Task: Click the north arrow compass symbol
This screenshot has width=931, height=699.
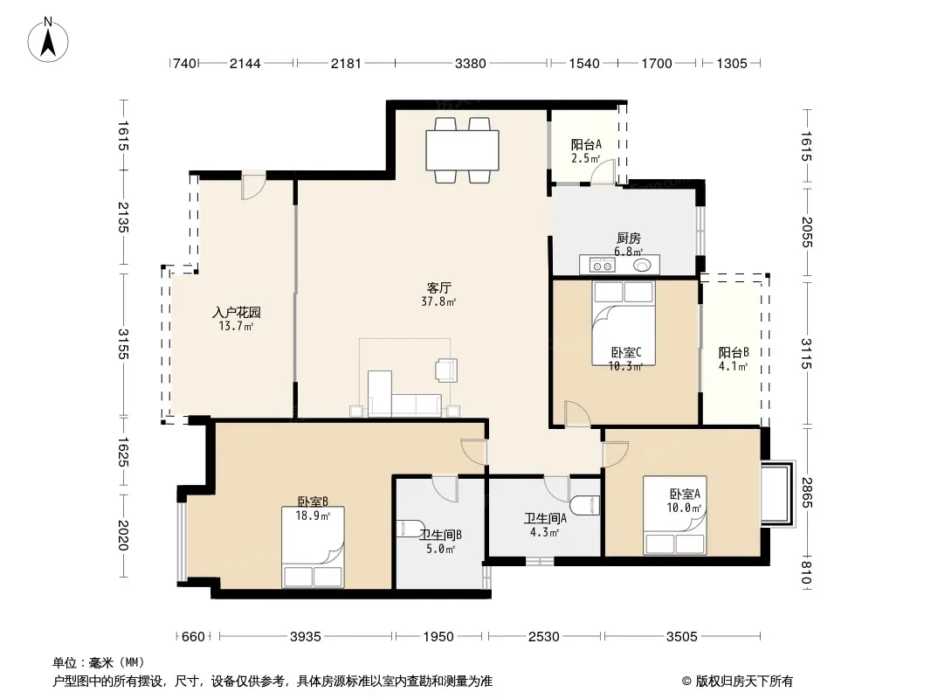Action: (x=48, y=40)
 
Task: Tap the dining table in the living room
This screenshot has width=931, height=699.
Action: (x=462, y=150)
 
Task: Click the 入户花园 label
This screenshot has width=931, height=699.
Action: (x=237, y=313)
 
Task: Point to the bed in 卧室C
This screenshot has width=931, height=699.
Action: (x=624, y=323)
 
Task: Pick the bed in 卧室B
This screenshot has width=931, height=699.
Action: (x=313, y=547)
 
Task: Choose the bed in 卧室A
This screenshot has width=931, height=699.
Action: (x=674, y=516)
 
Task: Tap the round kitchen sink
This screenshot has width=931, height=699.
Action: (x=642, y=265)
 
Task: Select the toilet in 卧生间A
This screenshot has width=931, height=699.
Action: (x=584, y=505)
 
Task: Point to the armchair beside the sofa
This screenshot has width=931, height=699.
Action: (x=446, y=370)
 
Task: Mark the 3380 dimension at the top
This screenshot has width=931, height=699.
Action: (x=470, y=64)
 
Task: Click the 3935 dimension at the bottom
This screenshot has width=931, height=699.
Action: (x=305, y=637)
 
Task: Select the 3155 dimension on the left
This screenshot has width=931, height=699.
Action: (x=123, y=343)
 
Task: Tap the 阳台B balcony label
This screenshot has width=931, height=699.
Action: (x=734, y=352)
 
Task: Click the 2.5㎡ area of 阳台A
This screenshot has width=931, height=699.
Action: (x=585, y=158)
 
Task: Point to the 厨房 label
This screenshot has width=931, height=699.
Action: (x=629, y=239)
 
